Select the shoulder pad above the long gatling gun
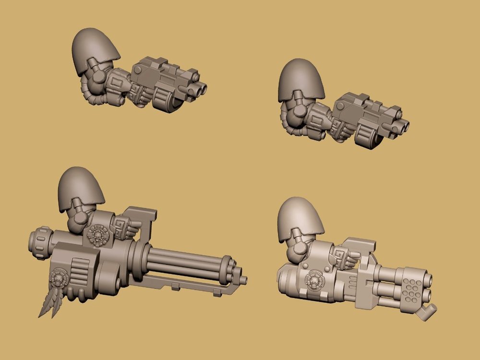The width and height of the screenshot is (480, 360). coord(78,190)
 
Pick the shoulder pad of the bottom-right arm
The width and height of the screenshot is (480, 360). coord(300,218)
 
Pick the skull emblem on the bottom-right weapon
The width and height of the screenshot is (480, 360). coord(314,279)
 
